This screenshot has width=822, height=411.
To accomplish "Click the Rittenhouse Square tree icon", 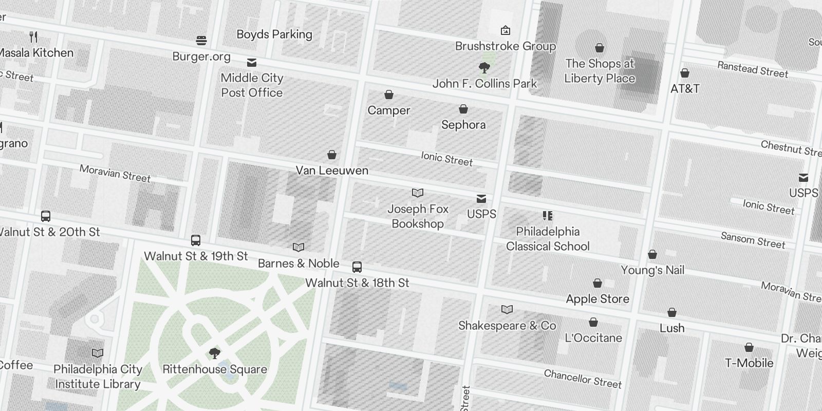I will point(215,353).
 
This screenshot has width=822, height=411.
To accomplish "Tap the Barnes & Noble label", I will point(298,264).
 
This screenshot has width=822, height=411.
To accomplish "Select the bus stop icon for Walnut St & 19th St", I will point(196,240).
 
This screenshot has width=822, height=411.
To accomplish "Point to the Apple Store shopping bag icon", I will point(597,283).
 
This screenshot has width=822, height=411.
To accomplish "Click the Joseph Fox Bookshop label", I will point(418,216).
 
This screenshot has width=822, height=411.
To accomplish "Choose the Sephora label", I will point(463,125).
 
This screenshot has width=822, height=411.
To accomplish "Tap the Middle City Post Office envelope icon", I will point(252,63).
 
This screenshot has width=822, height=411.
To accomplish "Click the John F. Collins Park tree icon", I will point(484,67).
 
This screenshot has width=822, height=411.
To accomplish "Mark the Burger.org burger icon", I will point(201,41).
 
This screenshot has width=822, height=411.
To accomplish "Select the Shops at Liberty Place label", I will point(600,71).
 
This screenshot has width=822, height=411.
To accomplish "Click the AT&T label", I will point(685,89).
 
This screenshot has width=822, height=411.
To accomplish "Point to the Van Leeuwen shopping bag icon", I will point(332,155).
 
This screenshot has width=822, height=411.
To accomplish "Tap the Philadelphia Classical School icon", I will point(548,216).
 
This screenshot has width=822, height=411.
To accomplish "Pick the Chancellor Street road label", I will point(583,379).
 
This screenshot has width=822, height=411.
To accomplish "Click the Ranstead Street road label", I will point(752,69).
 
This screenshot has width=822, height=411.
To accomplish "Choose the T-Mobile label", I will point(749,363).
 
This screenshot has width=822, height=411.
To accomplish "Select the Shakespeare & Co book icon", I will point(507,309).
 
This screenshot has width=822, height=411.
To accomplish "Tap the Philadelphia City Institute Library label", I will point(98,377).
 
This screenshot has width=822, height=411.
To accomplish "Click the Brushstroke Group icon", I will point(506,31).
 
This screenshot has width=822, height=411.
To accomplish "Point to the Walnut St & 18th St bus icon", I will point(357,267).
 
